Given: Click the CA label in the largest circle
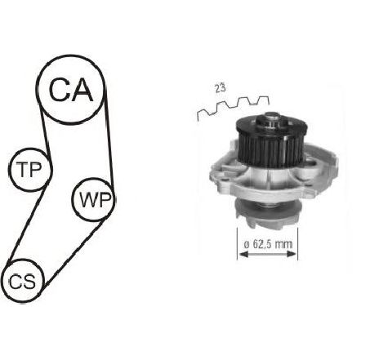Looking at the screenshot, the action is click(x=71, y=90).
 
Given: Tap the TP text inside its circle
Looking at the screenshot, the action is click(x=29, y=169).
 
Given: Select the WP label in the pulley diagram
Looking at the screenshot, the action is click(x=96, y=199).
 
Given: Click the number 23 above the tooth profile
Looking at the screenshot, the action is click(x=221, y=88).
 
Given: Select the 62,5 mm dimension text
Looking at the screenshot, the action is click(x=273, y=244).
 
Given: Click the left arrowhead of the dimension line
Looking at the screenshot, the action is click(x=243, y=254).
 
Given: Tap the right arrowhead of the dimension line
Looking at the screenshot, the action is click(x=292, y=254).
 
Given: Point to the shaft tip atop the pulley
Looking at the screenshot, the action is click(x=271, y=117).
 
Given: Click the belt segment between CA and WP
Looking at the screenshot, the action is click(x=109, y=139).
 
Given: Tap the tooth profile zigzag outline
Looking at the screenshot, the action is click(x=233, y=108).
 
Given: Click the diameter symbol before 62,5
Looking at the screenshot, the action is click(x=247, y=245).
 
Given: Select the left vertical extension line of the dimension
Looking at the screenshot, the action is click(x=238, y=243).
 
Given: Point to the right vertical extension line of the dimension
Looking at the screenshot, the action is click(x=297, y=243).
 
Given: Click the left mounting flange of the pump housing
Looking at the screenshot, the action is click(x=223, y=177).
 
